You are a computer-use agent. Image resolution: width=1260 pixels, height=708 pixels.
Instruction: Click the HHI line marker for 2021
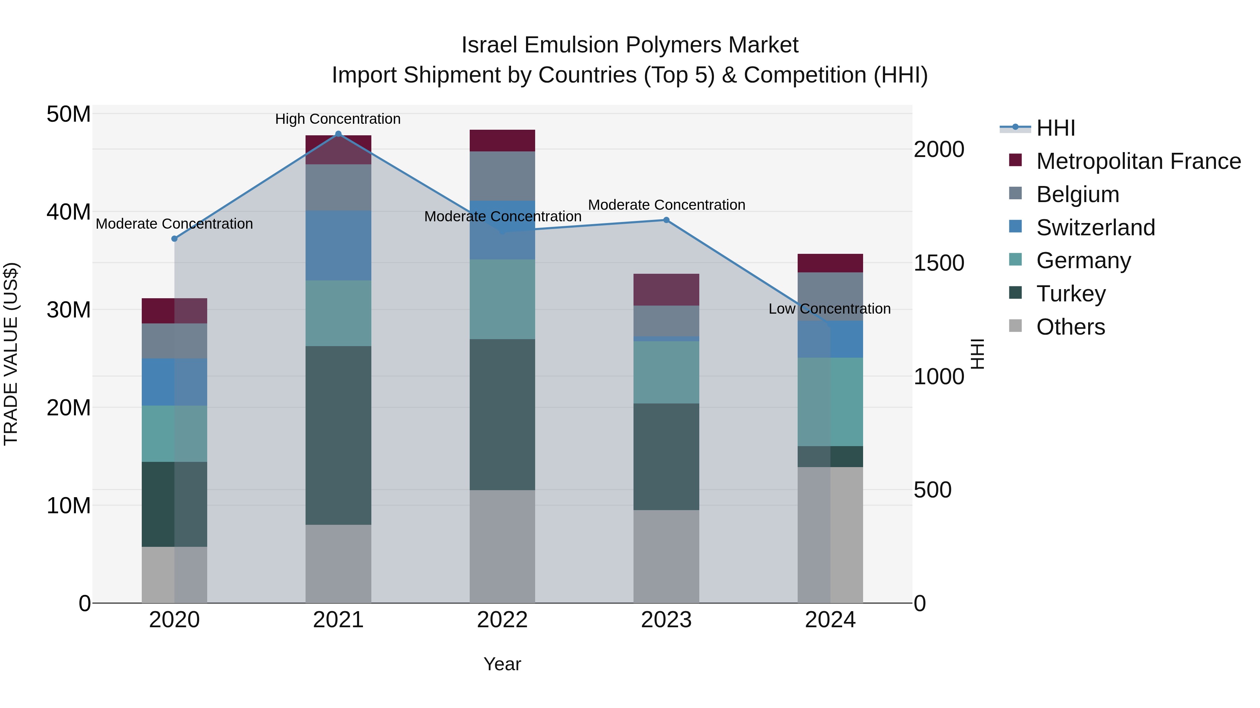[x=338, y=134]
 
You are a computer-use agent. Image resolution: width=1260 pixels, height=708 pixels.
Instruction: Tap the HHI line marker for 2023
[x=666, y=220]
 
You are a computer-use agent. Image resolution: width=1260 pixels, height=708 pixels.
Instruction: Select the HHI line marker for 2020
[x=174, y=238]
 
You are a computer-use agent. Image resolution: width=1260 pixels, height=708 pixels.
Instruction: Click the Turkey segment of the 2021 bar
[x=338, y=435]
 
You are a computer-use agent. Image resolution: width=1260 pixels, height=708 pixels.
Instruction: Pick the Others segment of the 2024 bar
[x=830, y=535]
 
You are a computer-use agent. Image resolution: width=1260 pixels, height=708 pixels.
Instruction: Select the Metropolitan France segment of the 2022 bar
[x=502, y=141]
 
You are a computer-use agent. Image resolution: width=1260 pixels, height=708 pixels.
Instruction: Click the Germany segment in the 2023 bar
[x=666, y=372]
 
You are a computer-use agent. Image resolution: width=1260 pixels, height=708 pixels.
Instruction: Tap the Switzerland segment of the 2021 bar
[x=338, y=245]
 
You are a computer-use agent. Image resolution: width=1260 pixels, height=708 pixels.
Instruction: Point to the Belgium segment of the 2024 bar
[x=830, y=296]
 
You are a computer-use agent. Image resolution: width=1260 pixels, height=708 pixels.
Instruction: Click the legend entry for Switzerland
[x=1095, y=228]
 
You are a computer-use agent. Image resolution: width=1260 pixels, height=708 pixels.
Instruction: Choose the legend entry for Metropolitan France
[x=1138, y=161]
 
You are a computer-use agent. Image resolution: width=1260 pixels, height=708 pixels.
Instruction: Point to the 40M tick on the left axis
[x=69, y=212]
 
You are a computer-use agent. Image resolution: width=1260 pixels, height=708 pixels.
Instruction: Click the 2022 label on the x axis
[x=502, y=620]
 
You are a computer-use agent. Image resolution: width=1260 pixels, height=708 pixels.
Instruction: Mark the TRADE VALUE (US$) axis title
[x=11, y=354]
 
